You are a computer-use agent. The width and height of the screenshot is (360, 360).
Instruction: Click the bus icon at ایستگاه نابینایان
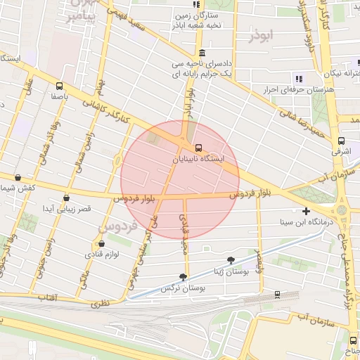point(199,148)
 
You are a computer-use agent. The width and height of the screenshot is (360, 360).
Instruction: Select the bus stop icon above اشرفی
point(341,140)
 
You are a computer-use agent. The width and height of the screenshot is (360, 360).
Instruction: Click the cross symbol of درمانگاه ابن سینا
point(305,211)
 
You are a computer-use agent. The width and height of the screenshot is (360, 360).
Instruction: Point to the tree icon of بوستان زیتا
point(230,261)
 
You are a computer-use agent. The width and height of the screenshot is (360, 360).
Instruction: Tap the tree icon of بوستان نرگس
point(184,277)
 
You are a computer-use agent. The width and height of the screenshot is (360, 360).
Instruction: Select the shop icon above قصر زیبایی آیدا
point(67,198)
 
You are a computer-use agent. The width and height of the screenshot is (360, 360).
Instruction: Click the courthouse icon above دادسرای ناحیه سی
point(202,53)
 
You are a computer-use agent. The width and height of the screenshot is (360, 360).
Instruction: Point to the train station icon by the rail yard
point(277,295)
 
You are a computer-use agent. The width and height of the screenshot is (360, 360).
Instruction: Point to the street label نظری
point(100,303)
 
